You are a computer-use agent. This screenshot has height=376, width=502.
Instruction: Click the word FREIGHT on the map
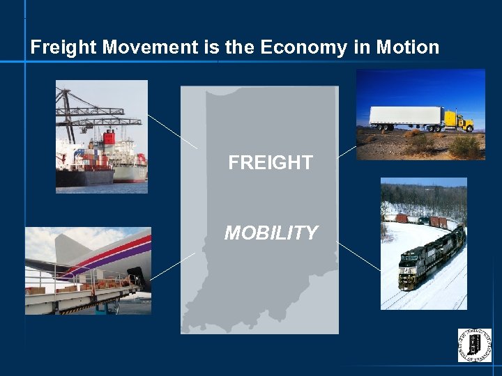point(271,163)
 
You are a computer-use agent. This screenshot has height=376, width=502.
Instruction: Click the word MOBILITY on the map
point(271,233)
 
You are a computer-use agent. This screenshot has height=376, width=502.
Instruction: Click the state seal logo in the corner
point(474,345)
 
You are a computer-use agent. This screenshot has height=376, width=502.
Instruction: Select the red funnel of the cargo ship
point(109,137)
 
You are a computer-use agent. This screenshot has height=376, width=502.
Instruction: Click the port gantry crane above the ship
point(91,111)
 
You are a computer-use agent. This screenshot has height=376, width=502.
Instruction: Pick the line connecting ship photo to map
point(172,132)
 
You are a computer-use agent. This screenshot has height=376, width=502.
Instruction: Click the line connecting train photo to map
point(359,256)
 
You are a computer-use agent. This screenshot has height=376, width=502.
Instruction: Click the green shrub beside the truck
point(464,147)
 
